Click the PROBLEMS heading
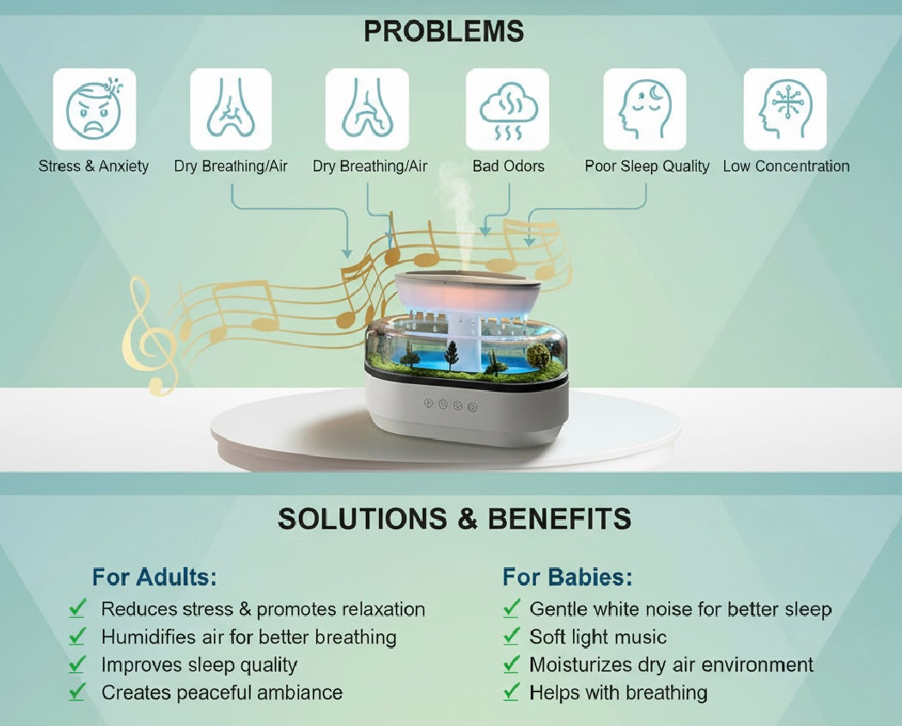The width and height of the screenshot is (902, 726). pos(443,32)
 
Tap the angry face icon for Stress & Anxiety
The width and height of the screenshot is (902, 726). pos(94,109)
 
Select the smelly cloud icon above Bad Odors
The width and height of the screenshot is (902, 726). pos(508,109)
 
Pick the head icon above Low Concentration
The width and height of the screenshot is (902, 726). pos(784,109)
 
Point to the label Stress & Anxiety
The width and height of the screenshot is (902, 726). pos(94,167)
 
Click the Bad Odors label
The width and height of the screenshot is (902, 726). pos(508,167)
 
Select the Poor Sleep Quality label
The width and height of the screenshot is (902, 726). pos(647,167)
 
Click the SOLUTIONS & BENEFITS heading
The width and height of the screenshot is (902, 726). pos(454,519)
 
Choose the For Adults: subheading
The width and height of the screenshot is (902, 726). pos(155,576)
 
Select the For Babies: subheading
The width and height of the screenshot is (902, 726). pos(568,576)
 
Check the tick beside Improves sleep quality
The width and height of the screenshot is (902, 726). pos(78,664)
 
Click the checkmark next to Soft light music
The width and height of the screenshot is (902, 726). pos(512,637)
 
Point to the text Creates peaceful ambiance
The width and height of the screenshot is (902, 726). pos(222,692)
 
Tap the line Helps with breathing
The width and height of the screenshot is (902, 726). pos(619,692)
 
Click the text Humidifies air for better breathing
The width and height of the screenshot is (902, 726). pos(249,637)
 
